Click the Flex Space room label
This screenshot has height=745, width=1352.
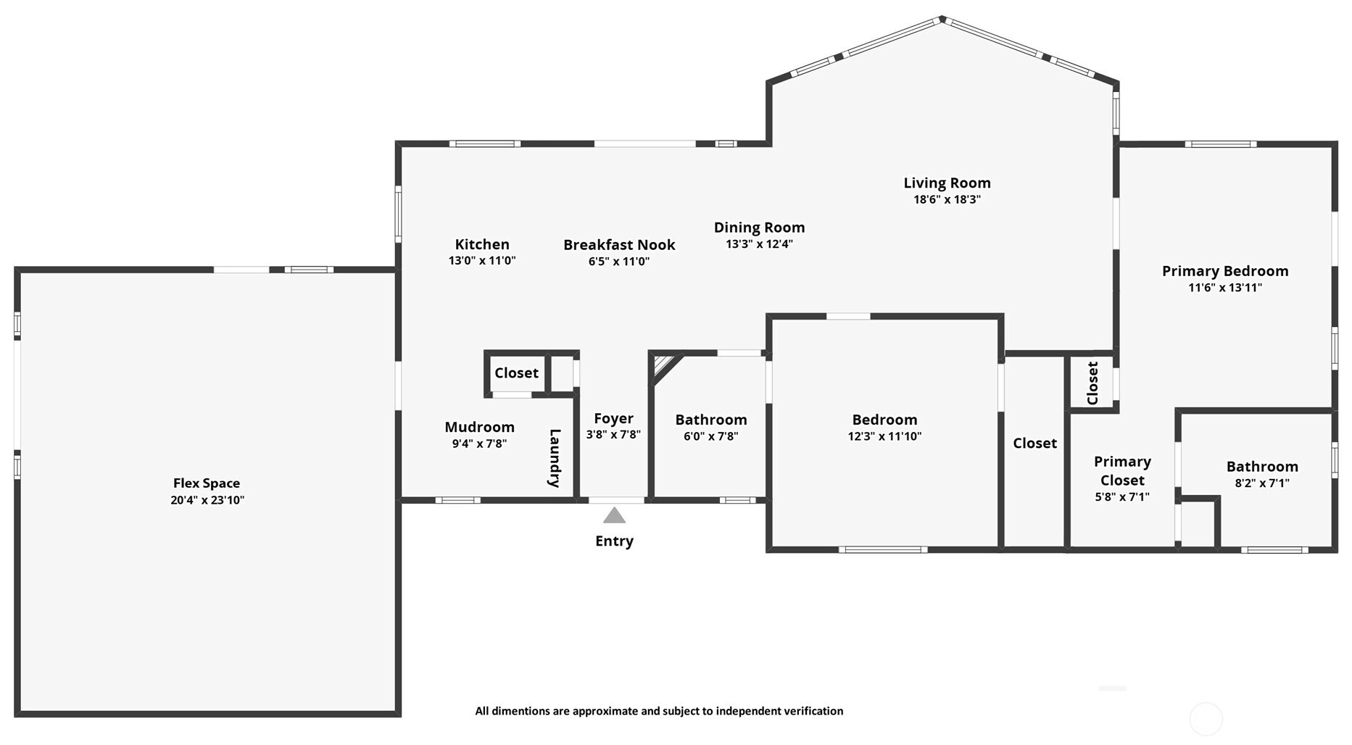pyautogui.click(x=207, y=483)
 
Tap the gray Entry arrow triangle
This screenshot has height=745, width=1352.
pyautogui.click(x=614, y=515)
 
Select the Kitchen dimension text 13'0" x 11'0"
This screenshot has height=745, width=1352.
pyautogui.click(x=482, y=261)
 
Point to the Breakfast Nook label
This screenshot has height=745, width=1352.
pyautogui.click(x=619, y=245)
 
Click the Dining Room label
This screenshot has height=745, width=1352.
pyautogui.click(x=759, y=228)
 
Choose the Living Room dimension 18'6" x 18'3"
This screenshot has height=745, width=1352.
pyautogui.click(x=947, y=199)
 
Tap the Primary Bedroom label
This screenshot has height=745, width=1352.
pyautogui.click(x=1225, y=271)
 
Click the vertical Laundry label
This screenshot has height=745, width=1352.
pyautogui.click(x=555, y=458)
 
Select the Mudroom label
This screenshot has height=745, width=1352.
pyautogui.click(x=479, y=427)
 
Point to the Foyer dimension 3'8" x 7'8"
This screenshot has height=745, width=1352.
pyautogui.click(x=613, y=436)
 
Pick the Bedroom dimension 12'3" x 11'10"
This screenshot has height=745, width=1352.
pyautogui.click(x=884, y=436)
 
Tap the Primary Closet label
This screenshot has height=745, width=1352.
pyautogui.click(x=1122, y=471)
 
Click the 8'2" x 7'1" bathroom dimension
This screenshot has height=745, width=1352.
pyautogui.click(x=1262, y=483)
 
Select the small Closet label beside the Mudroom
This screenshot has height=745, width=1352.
pyautogui.click(x=516, y=372)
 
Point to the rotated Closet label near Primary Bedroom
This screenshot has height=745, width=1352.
pyautogui.click(x=1092, y=383)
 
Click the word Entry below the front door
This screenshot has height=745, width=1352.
pyautogui.click(x=614, y=541)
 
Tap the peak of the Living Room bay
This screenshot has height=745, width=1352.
pyautogui.click(x=942, y=19)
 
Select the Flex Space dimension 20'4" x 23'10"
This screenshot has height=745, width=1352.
pyautogui.click(x=207, y=500)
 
